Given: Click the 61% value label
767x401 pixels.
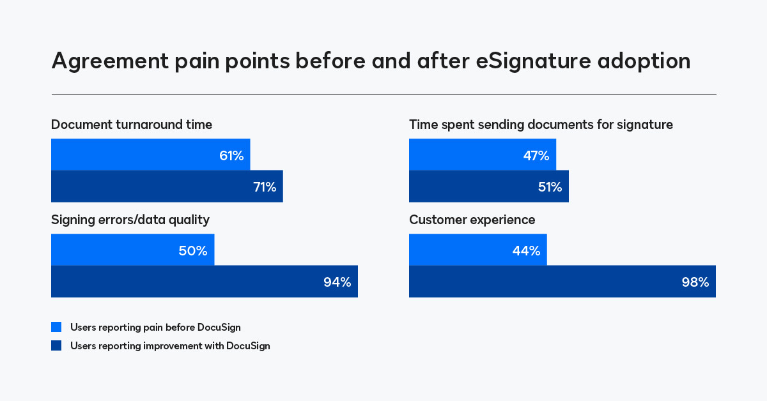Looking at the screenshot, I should [x=231, y=156].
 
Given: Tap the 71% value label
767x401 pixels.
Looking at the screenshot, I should [x=264, y=187].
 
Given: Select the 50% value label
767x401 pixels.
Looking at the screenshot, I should [x=193, y=251].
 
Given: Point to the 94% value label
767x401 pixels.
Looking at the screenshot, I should [x=337, y=282].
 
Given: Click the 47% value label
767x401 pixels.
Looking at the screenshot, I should [x=536, y=156].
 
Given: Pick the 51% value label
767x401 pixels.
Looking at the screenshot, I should [x=549, y=187].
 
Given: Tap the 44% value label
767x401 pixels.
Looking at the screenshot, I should [x=526, y=251].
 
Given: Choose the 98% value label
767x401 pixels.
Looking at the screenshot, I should [x=695, y=282].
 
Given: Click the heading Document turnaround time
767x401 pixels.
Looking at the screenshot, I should [x=132, y=125].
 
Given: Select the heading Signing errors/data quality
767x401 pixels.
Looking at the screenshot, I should [x=130, y=220].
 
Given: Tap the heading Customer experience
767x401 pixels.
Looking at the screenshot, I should [x=472, y=220].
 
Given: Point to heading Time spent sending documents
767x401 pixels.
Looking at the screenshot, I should [x=541, y=125].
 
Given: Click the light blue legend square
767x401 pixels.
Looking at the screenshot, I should [x=56, y=328].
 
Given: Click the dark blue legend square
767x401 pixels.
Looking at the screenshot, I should [x=56, y=346].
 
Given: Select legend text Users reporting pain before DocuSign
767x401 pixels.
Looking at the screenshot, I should [x=155, y=328].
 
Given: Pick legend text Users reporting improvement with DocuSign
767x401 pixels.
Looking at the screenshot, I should [x=170, y=346].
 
